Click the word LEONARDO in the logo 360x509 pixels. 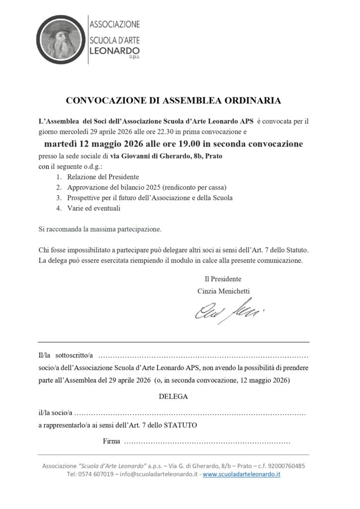coord(114,52)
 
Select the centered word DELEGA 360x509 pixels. coord(173,397)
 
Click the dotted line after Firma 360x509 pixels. coord(206,441)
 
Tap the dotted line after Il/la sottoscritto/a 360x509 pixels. coord(203,356)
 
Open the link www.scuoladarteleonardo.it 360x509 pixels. coord(242,475)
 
